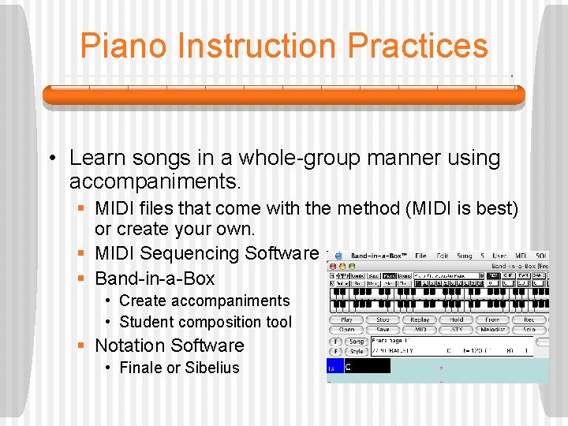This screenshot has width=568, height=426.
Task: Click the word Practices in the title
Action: click(417, 46)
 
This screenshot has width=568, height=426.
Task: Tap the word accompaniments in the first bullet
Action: click(154, 181)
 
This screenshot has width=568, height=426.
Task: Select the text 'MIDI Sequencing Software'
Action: click(206, 253)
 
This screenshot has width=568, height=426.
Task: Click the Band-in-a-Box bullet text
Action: click(155, 278)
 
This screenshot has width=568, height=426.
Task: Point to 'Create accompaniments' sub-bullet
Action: click(204, 301)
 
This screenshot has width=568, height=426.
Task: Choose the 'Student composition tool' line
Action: click(205, 322)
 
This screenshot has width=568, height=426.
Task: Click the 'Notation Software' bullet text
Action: click(169, 345)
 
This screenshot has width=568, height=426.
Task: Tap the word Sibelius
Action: click(211, 368)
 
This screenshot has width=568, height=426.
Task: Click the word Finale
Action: click(141, 368)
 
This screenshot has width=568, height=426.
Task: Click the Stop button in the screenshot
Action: click(383, 319)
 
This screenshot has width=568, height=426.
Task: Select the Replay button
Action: click(420, 319)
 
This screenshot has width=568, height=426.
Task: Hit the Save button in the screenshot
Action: click(383, 330)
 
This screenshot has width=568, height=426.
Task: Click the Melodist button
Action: click(493, 330)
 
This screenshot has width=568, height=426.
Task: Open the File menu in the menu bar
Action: click(421, 256)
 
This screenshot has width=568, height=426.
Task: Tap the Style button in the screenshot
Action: click(357, 351)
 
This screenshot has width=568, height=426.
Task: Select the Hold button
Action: click(457, 319)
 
